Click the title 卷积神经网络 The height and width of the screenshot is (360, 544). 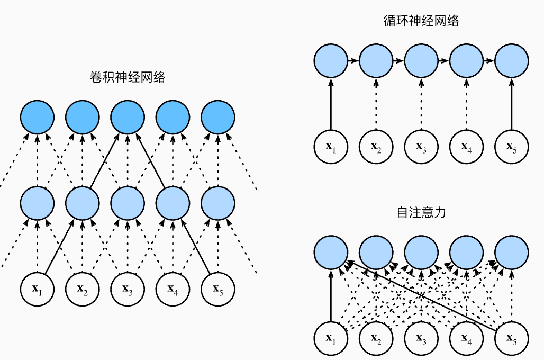128,78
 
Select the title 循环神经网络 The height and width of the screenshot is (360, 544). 421,21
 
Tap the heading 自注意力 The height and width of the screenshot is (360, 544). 421,213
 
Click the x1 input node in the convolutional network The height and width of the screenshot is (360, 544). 37,289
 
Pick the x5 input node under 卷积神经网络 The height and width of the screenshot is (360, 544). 217,289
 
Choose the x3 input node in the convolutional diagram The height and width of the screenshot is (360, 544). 127,289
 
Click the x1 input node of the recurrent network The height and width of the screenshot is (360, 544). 330,145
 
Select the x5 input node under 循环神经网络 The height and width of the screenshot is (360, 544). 511,145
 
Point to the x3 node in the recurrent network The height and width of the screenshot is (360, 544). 421,145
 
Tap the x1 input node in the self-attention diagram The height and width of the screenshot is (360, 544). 330,337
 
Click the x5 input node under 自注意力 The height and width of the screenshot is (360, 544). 511,337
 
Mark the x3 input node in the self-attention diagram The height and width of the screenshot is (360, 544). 421,337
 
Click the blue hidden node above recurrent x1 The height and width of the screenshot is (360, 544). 330,60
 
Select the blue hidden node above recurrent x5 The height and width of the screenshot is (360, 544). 511,60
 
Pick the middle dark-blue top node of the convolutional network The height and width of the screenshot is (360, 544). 127,116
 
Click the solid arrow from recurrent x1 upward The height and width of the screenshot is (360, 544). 330,103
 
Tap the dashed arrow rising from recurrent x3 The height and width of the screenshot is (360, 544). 421,103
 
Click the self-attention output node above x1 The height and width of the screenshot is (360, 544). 330,251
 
